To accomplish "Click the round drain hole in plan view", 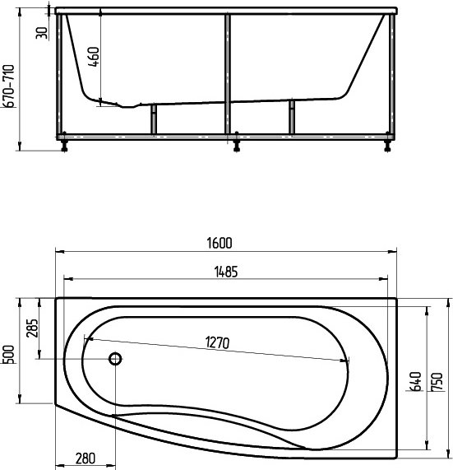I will (x=115, y=359).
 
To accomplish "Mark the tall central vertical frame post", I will (x=227, y=74).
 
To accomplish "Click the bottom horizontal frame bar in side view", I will (x=226, y=134).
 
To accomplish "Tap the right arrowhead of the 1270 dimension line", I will (x=348, y=361).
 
